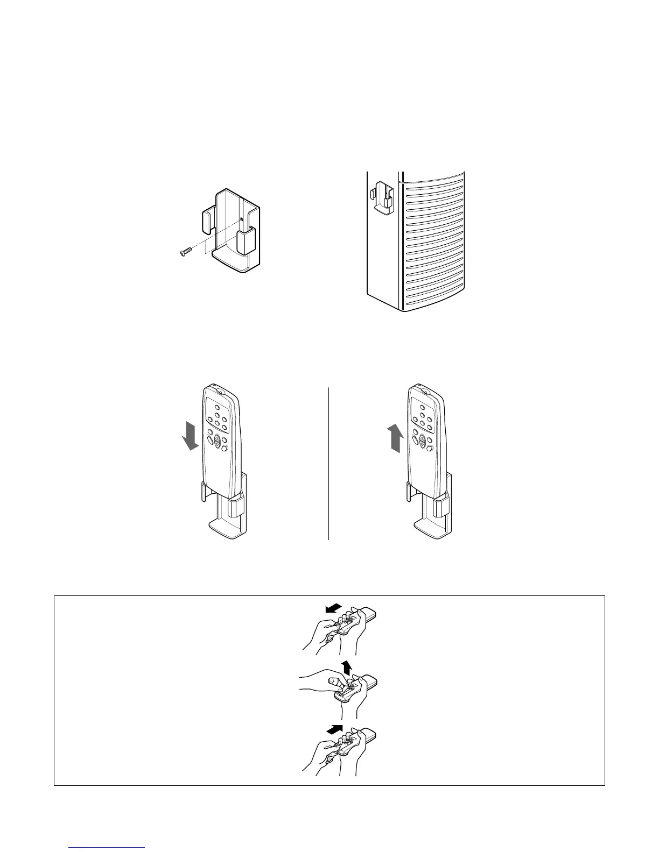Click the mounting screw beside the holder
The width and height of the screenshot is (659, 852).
coord(186,251)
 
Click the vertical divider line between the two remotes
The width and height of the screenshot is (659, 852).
coord(328,463)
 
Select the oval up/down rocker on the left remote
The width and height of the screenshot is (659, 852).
coord(216,442)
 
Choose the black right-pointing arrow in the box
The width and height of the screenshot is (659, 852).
coord(334,730)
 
